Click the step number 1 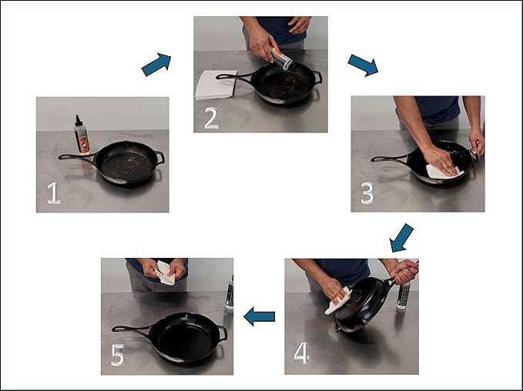click(54, 192)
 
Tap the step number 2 click(212, 118)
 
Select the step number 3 click(367, 192)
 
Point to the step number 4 click(301, 353)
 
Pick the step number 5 click(117, 355)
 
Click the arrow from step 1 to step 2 click(156, 64)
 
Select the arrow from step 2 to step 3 click(363, 65)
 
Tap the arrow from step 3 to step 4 click(401, 238)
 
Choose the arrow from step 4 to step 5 click(259, 316)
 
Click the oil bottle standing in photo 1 click(82, 135)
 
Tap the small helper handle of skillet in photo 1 click(160, 157)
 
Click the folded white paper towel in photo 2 click(216, 85)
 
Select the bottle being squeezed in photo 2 click(282, 59)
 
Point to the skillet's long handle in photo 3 click(391, 159)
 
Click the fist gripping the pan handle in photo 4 click(404, 272)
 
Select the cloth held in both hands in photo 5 click(166, 273)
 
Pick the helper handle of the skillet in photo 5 click(223, 333)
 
